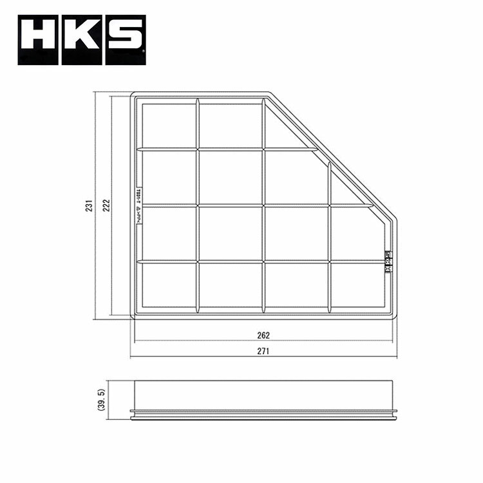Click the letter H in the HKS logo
[x=39, y=40]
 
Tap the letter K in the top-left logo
[x=82, y=40]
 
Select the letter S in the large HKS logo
[x=124, y=40]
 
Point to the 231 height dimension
[x=91, y=205]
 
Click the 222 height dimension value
[x=107, y=205]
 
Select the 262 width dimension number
[x=263, y=335]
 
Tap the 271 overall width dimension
[x=263, y=352]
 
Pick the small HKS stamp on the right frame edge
[x=388, y=261]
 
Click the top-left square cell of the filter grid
[x=168, y=125]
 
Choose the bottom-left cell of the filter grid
[x=168, y=284]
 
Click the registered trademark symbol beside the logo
[x=143, y=62]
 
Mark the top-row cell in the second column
[x=230, y=125]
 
